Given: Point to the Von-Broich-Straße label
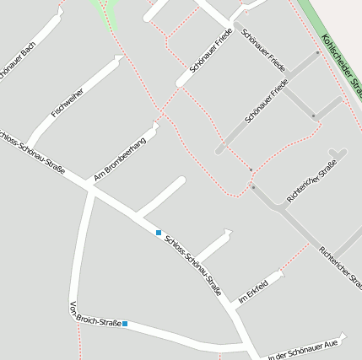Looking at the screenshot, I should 95,314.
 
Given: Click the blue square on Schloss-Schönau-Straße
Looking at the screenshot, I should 159,232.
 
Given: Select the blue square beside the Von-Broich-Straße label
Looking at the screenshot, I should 125,323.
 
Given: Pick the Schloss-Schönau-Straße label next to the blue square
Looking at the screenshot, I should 193,264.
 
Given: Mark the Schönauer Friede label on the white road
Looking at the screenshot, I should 212,50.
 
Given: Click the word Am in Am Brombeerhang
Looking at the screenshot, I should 99,178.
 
